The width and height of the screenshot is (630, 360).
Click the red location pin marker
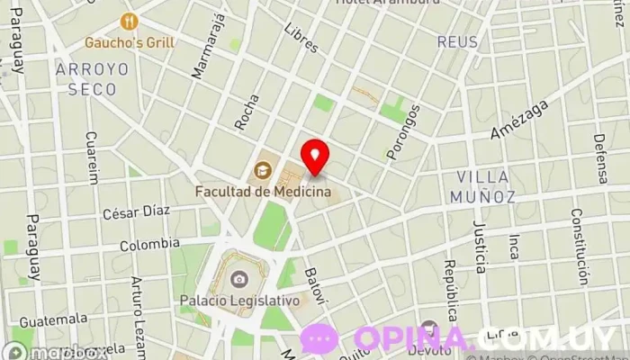(315, 157)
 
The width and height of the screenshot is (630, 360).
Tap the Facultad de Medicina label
(263, 191)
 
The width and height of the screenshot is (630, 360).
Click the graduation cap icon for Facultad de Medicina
(263, 168)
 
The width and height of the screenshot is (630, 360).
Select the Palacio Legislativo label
(238, 301)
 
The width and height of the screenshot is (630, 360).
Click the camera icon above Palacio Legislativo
(238, 280)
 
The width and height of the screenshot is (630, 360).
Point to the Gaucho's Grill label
(130, 41)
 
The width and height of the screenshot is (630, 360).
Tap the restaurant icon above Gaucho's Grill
(131, 20)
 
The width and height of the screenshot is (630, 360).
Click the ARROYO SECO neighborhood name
(93, 79)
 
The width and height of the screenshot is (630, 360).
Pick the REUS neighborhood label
(457, 41)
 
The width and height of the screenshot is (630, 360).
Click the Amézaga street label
(518, 120)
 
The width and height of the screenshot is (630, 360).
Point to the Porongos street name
(402, 133)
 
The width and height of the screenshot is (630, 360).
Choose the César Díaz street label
(136, 212)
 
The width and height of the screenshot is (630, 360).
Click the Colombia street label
(149, 244)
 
